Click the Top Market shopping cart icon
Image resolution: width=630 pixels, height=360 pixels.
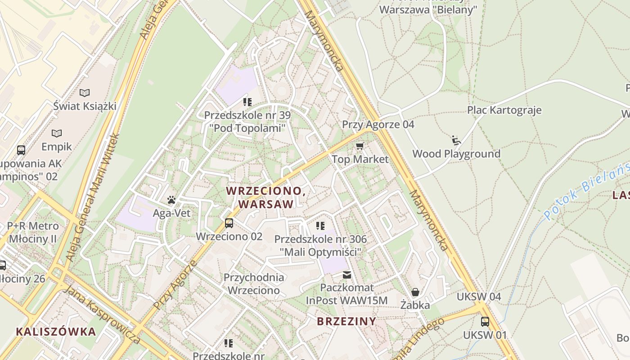click(360, 146)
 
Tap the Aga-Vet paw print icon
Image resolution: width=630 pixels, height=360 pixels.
click(171, 200)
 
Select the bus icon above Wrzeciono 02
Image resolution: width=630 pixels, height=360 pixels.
click(229, 223)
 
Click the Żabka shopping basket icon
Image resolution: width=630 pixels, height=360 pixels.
click(415, 292)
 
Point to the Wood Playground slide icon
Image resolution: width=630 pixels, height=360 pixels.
click(456, 140)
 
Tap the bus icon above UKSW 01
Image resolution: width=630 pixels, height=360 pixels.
click(485, 322)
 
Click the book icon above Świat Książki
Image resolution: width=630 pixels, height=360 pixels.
click(85, 93)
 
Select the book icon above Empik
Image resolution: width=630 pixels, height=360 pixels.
click(57, 133)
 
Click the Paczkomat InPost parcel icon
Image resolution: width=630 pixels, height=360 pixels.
click(346, 274)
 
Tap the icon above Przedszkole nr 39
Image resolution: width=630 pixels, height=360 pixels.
click(247, 102)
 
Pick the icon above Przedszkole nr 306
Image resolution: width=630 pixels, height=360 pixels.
click(320, 225)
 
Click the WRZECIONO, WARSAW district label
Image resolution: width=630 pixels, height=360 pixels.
click(266, 197)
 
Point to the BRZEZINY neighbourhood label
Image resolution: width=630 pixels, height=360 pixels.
click(346, 321)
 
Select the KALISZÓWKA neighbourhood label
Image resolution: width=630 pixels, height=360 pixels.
click(56, 332)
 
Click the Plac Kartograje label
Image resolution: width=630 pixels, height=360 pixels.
click(504, 110)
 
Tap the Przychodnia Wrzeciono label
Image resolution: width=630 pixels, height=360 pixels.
click(254, 283)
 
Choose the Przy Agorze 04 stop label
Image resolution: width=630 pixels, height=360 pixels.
click(378, 124)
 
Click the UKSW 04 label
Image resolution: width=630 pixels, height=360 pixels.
click(479, 297)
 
